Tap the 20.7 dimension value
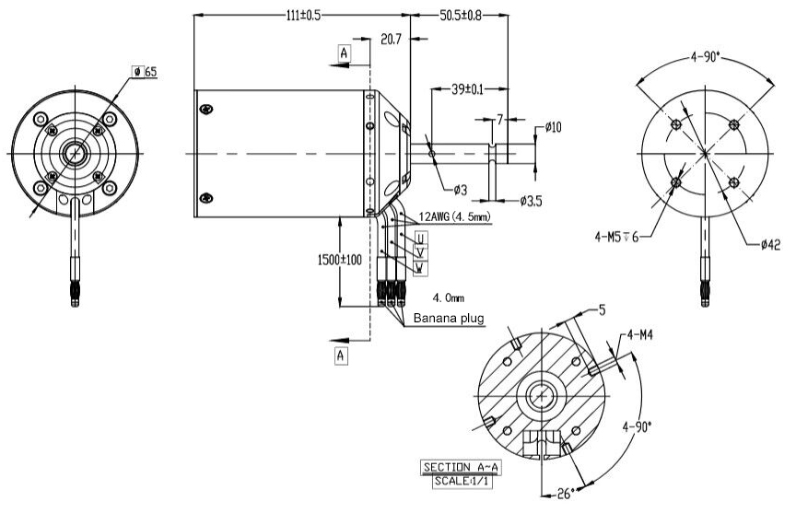point(390,39)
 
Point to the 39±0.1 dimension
point(468,88)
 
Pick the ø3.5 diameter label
point(533,200)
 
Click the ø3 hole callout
point(462,190)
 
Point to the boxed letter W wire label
point(420,267)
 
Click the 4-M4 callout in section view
point(640,334)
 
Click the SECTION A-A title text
point(455,467)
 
